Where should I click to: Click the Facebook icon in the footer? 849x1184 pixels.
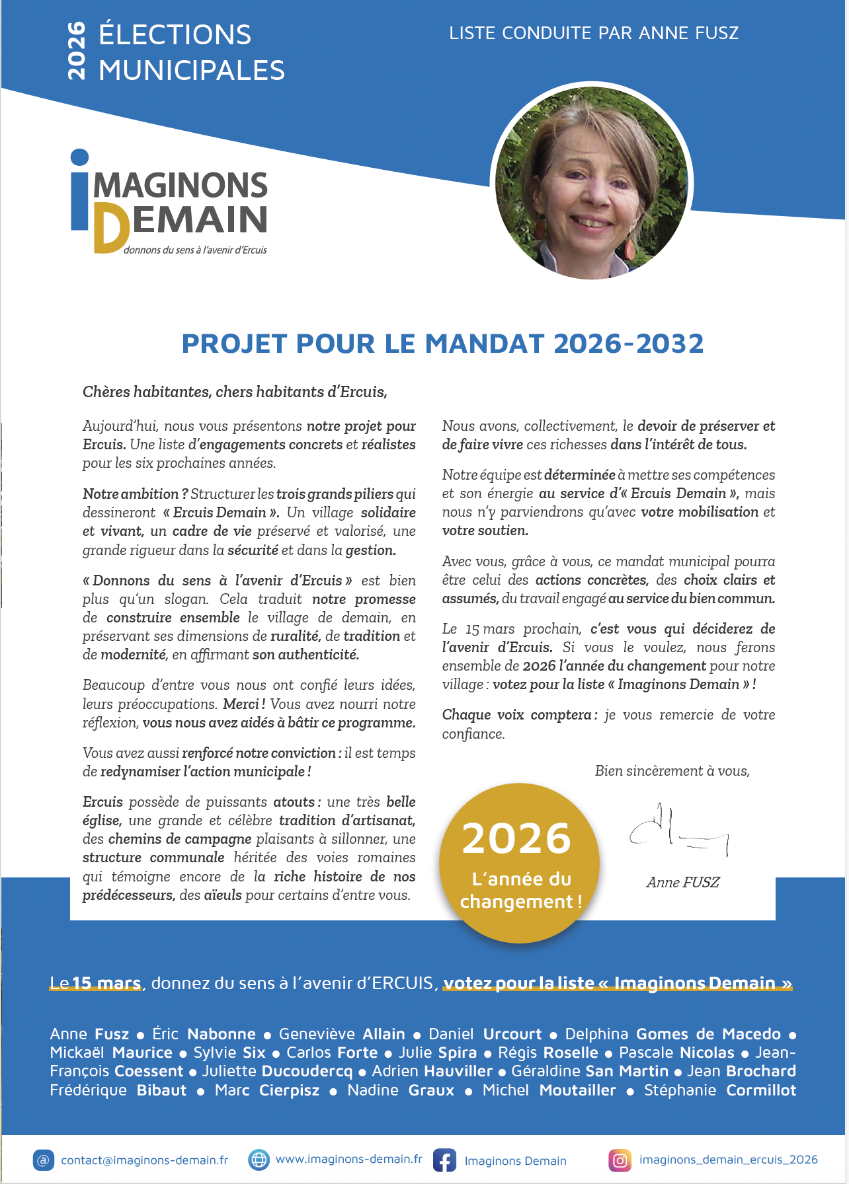[x=444, y=1160]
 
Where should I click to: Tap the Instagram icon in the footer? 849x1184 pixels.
[x=620, y=1160]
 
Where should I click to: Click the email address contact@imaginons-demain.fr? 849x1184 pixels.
[x=144, y=1160]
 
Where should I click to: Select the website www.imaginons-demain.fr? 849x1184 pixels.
[x=348, y=1159]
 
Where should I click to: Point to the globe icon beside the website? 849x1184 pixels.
[x=259, y=1160]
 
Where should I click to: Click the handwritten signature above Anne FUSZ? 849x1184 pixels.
[x=678, y=830]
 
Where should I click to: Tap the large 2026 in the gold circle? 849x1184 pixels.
[x=516, y=838]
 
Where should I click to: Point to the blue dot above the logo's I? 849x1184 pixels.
[x=79, y=157]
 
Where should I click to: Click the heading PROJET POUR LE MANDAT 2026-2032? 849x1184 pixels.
[x=442, y=344]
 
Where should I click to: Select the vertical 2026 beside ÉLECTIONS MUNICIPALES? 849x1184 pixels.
[x=77, y=51]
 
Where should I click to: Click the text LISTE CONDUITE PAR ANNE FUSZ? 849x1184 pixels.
[x=593, y=33]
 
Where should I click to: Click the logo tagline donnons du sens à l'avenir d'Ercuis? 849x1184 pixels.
[x=195, y=250]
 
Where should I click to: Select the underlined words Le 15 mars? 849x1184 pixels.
[x=96, y=983]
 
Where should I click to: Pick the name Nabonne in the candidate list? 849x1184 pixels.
[x=221, y=1034]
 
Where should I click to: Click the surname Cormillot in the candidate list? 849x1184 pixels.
[x=761, y=1090]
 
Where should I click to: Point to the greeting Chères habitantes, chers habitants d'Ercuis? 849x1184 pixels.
[x=235, y=392]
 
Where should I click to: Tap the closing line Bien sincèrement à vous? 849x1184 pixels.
[x=672, y=771]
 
